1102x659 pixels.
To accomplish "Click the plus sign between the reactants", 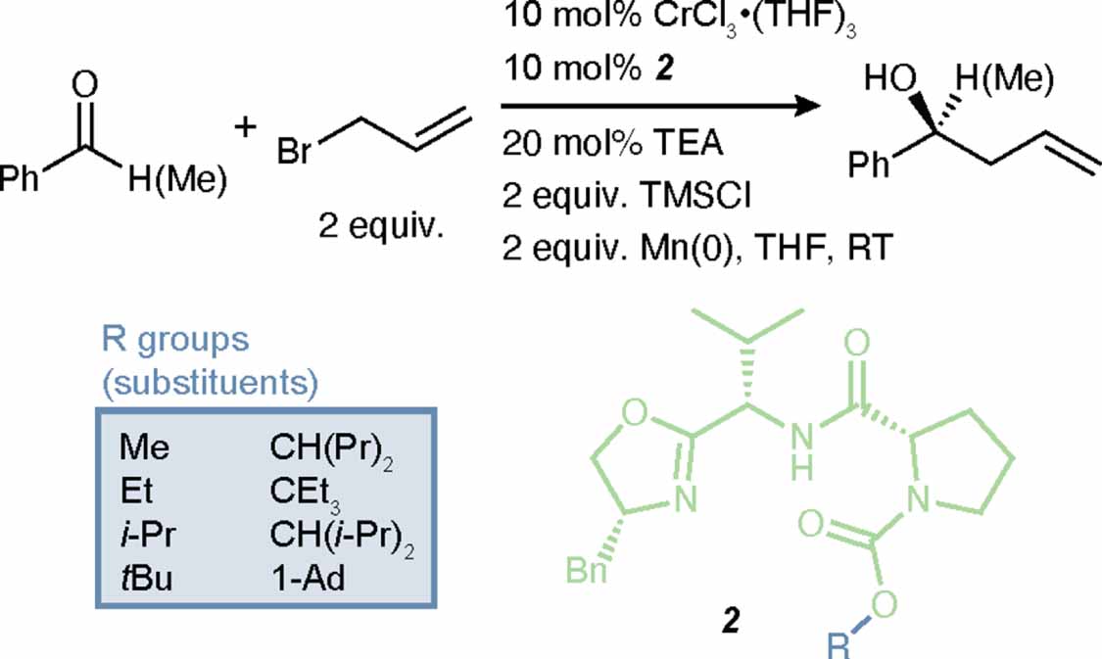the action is tap(245, 128).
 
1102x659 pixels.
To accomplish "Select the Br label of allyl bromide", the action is tap(295, 152).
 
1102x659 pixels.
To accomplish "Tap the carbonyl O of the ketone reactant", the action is tap(83, 85).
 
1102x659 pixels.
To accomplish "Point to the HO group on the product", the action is tap(890, 78).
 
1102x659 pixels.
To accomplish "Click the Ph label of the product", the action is tap(869, 165).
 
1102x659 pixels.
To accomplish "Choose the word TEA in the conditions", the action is tap(683, 143).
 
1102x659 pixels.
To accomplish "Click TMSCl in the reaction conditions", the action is tap(695, 195).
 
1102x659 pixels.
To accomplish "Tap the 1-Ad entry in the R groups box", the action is tap(308, 578).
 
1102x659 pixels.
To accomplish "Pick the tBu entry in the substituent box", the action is tap(146, 578).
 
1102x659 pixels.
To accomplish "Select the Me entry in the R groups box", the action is tap(145, 447).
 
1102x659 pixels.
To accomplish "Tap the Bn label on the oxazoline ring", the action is tap(587, 570).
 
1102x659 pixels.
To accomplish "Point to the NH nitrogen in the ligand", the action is tap(802, 449).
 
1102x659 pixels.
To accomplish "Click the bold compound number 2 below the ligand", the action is tap(732, 621).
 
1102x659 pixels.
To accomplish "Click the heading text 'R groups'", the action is tap(175, 340).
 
